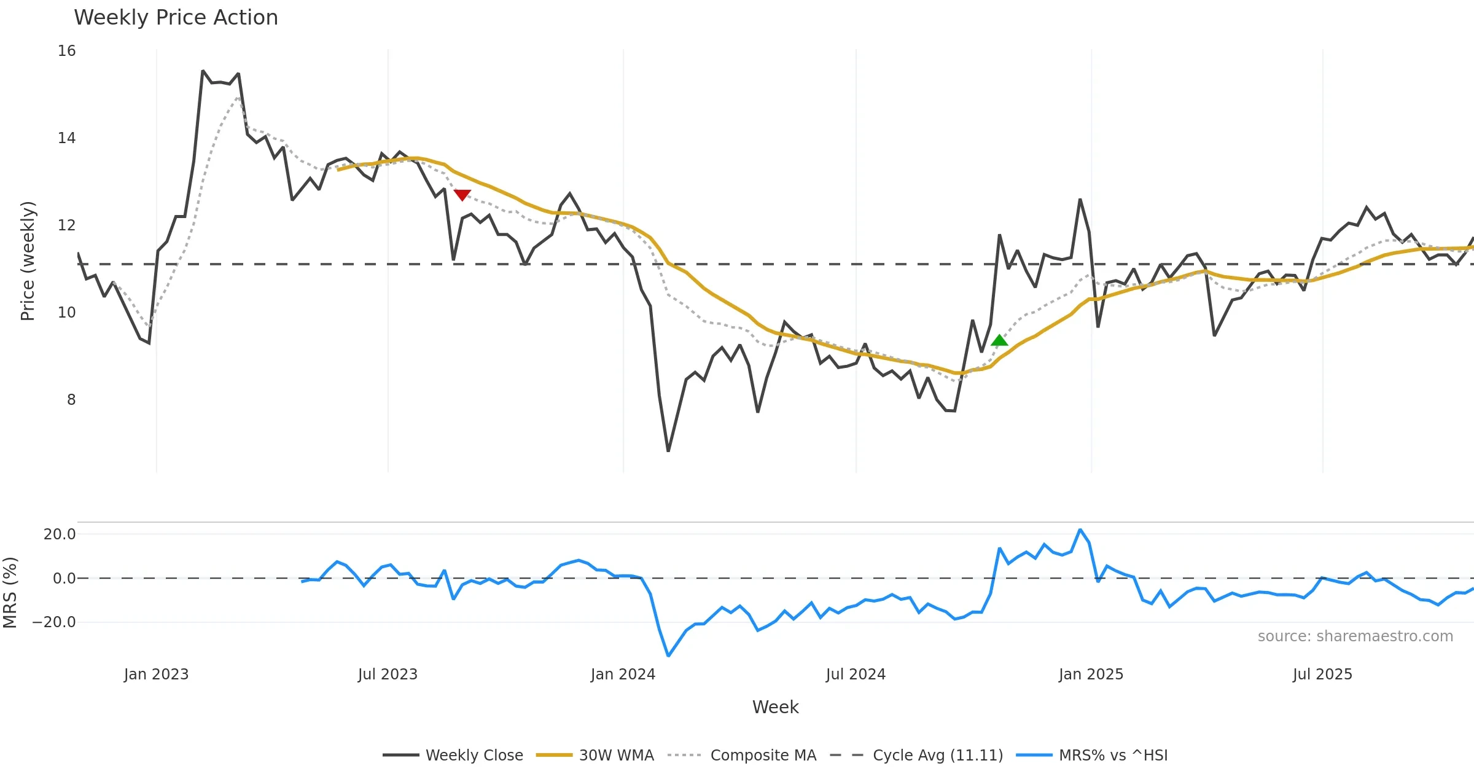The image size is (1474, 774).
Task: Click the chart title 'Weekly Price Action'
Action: [176, 18]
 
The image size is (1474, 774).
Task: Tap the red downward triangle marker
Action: [462, 195]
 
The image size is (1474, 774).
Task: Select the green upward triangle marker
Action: [999, 340]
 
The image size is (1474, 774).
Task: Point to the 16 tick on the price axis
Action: [66, 51]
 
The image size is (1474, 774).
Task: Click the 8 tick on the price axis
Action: [71, 400]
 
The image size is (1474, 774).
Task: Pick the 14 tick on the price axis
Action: [66, 138]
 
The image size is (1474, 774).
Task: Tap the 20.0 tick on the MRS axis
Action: [59, 534]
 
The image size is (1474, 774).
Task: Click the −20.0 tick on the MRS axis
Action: [54, 622]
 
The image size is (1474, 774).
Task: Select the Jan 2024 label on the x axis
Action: [623, 674]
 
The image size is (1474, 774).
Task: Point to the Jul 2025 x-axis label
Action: [1322, 674]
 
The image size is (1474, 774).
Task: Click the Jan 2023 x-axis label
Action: [156, 674]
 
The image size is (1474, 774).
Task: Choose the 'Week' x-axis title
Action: [775, 708]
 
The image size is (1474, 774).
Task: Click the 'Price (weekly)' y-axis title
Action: [28, 261]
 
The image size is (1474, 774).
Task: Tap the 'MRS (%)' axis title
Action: [10, 593]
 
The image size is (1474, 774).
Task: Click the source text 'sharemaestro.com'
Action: [1355, 636]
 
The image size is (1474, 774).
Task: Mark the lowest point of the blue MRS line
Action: [668, 656]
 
